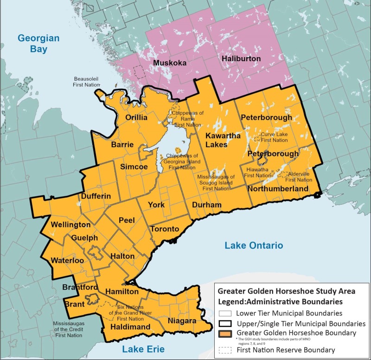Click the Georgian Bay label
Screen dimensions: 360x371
pos(39,43)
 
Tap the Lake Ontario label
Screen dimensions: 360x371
pos(254,245)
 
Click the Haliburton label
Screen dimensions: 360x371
pos(241,59)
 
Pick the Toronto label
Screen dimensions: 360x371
pos(164,229)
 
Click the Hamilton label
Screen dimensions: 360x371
pos(122,291)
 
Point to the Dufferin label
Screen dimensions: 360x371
pos(96,196)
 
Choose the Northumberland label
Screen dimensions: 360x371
pos(278,189)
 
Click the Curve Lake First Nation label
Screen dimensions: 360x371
pos(274,137)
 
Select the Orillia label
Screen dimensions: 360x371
pos(136,118)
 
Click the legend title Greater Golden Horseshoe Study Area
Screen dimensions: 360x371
pos(287,291)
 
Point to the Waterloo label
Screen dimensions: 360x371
pos(68,261)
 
